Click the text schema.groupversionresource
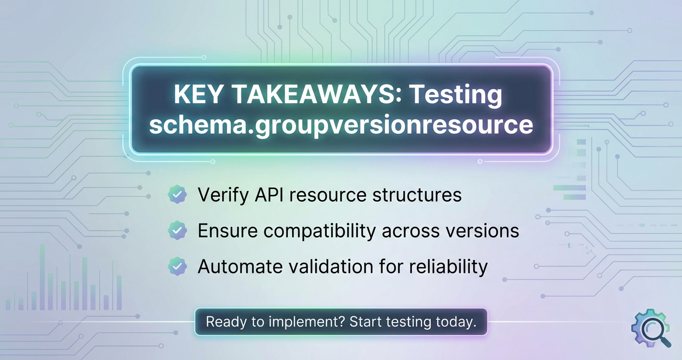(341, 125)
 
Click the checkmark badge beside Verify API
(177, 194)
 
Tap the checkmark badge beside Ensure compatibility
(177, 230)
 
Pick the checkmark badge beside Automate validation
(177, 266)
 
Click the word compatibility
(319, 231)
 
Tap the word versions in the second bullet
(482, 231)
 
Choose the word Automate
(240, 267)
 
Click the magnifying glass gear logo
(651, 328)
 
